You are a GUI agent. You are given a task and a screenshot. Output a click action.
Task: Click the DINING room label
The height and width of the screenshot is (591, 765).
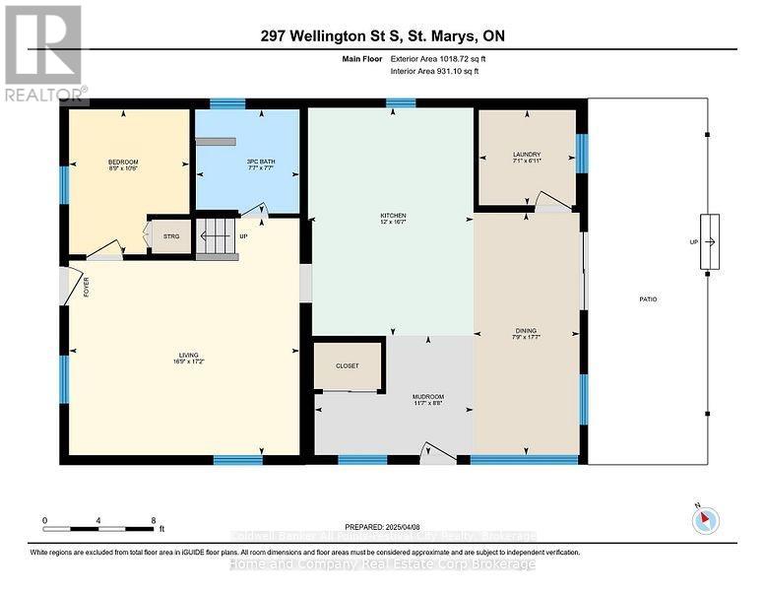pyautogui.click(x=529, y=333)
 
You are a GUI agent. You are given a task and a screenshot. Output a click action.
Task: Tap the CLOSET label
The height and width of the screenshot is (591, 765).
pyautogui.click(x=347, y=365)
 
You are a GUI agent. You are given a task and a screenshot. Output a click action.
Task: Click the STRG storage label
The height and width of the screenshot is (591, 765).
pyautogui.click(x=170, y=236)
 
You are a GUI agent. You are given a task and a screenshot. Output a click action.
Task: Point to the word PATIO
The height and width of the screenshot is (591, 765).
pyautogui.click(x=647, y=299)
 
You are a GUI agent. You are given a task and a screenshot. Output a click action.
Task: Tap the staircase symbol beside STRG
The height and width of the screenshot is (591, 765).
pyautogui.click(x=217, y=237)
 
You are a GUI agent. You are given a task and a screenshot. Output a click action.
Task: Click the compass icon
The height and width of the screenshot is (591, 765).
pyautogui.click(x=706, y=519)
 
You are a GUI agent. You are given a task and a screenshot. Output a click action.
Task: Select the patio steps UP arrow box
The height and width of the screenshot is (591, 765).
pyautogui.click(x=709, y=241)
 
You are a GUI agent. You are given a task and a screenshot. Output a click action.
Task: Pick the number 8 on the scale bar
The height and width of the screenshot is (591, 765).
pyautogui.click(x=154, y=519)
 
